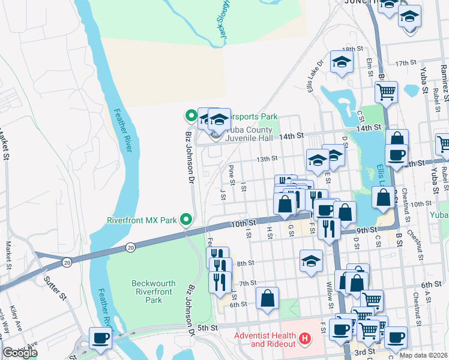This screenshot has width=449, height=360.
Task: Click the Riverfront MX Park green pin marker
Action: (186, 220)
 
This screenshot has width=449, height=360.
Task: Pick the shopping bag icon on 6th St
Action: (267, 298)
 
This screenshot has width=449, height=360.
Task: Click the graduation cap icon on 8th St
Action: (310, 261)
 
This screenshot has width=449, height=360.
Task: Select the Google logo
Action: (19, 353)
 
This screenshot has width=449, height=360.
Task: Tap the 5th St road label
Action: (206, 328)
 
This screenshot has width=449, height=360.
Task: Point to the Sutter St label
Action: (53, 287)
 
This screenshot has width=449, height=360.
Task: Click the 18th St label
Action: (349, 49)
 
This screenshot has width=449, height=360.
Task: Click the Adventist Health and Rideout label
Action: (265, 340)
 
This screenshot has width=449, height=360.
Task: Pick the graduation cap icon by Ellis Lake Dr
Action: (342, 62)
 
